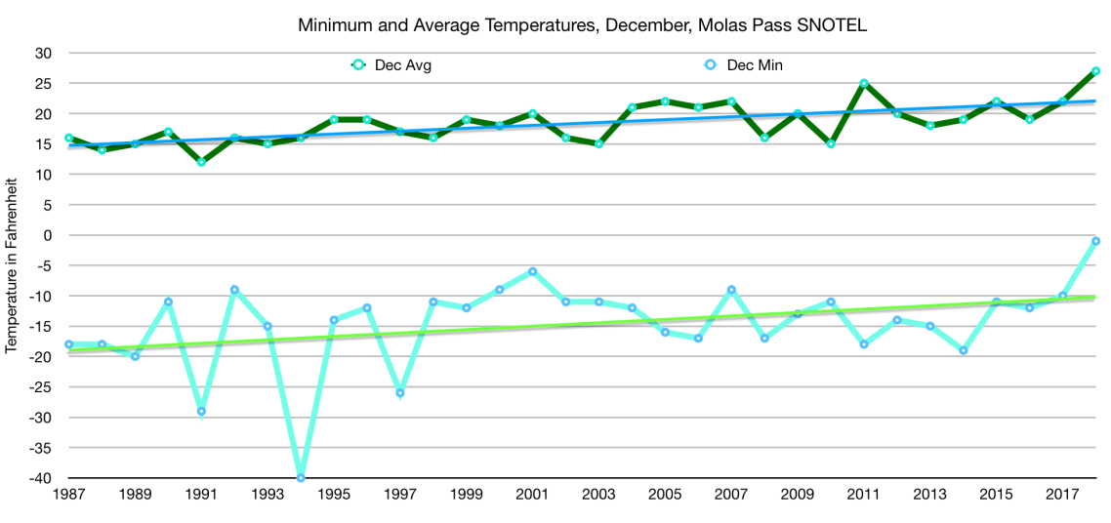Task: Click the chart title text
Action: [x=583, y=26]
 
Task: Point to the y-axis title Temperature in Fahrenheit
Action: [x=12, y=265]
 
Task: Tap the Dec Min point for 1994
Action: [x=301, y=478]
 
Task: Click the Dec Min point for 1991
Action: [x=201, y=412]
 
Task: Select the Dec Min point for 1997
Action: [x=400, y=393]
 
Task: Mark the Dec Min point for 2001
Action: [x=532, y=271]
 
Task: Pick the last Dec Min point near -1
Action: [x=1096, y=241]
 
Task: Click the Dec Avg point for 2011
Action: [x=864, y=83]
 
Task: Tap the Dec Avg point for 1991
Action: [x=201, y=162]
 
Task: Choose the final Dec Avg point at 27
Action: [x=1096, y=71]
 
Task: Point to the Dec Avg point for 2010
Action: [x=831, y=143]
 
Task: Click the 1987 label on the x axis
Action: [x=68, y=496]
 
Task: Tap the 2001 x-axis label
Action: [x=532, y=496]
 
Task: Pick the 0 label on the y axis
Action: [x=46, y=235]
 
